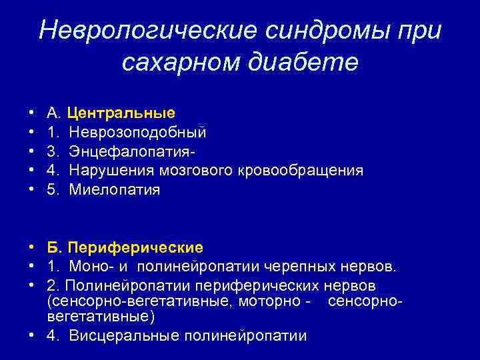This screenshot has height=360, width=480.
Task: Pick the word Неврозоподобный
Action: pyautogui.click(x=137, y=132)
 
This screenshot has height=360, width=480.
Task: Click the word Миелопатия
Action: pyautogui.click(x=115, y=190)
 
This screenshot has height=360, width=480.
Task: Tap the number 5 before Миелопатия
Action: pyautogui.click(x=51, y=190)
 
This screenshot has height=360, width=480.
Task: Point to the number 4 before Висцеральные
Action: pyautogui.click(x=51, y=335)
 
